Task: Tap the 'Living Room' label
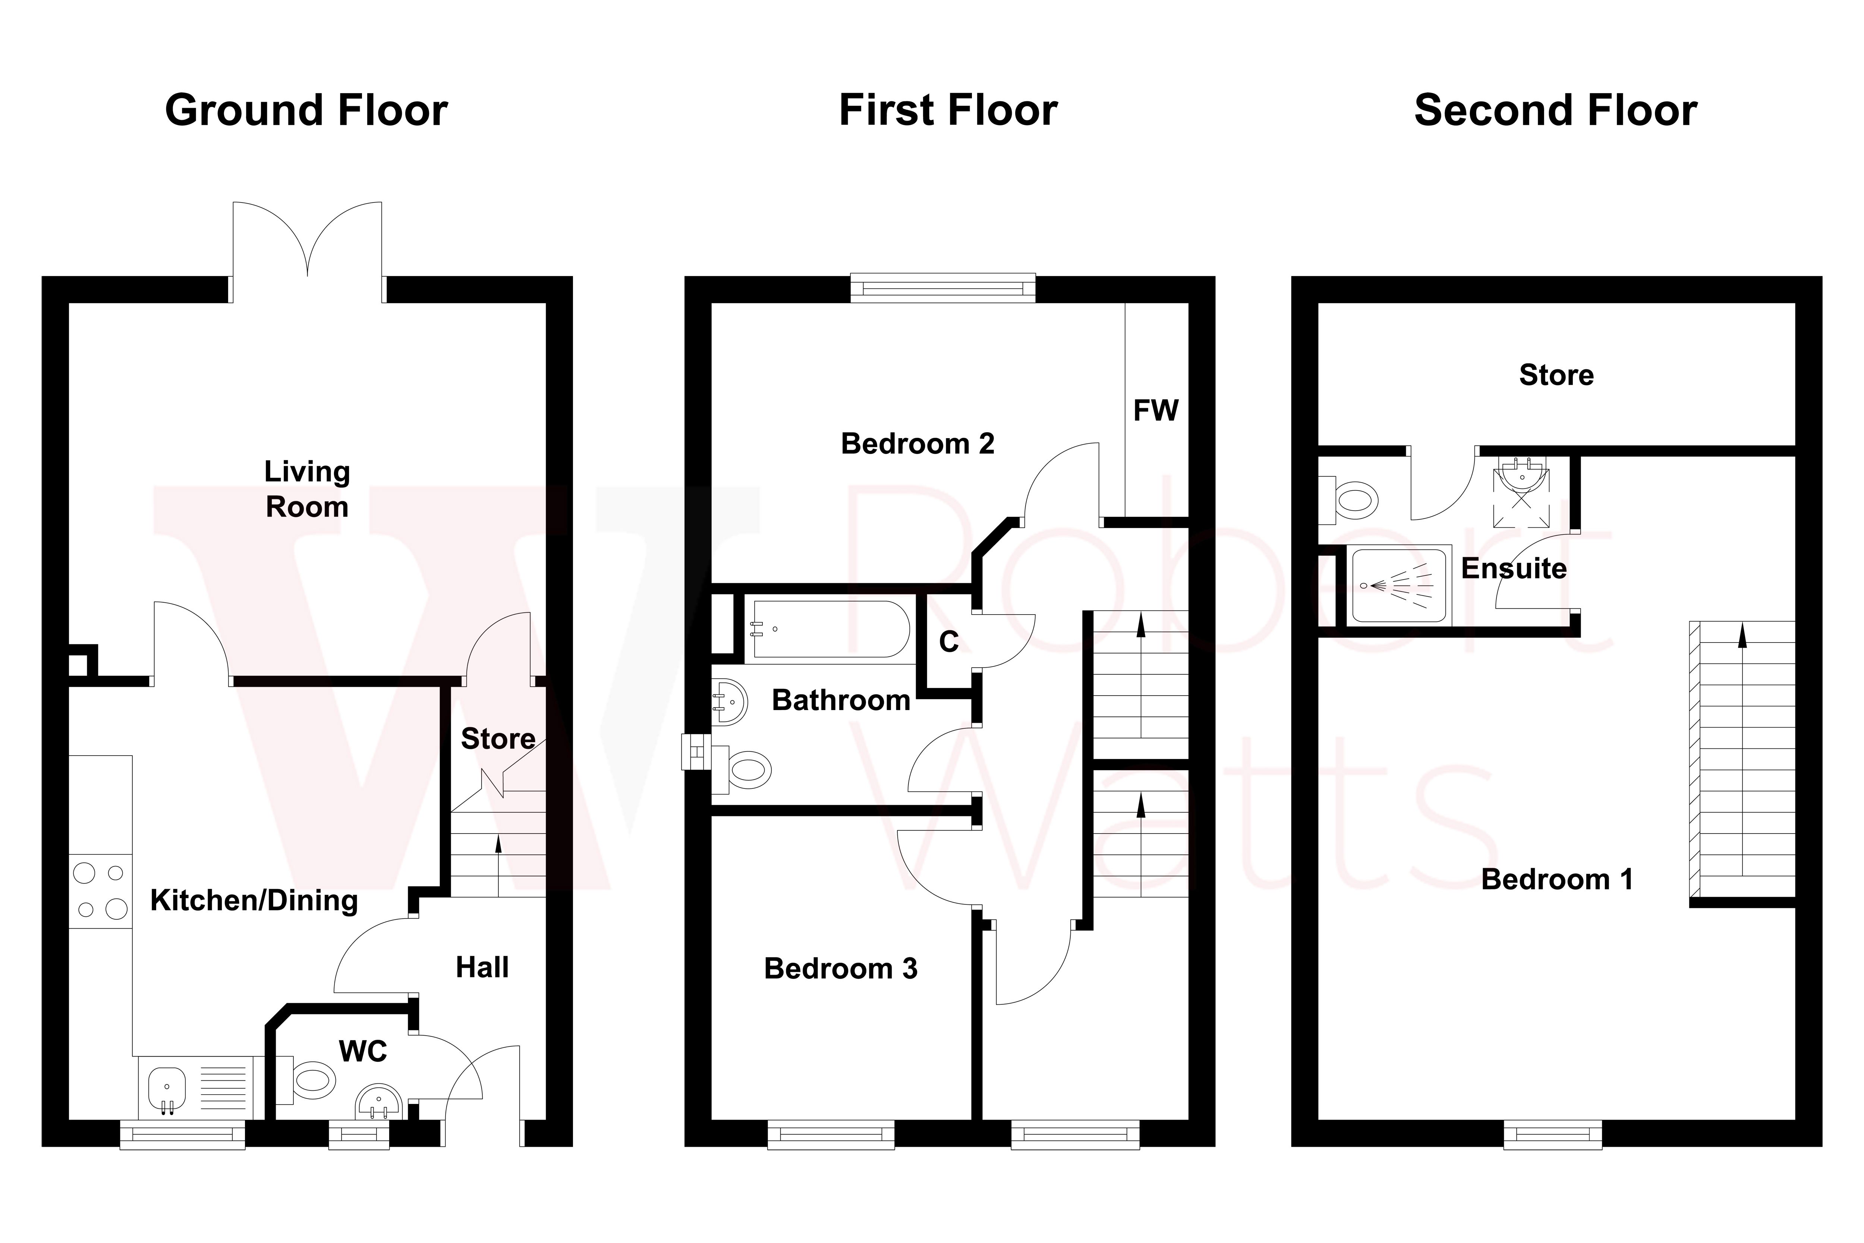coord(307,489)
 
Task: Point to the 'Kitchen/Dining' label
coord(254,901)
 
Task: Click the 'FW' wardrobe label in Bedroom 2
coord(1155,411)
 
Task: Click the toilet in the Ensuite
coord(1354,501)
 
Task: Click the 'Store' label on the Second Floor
coord(1556,375)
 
